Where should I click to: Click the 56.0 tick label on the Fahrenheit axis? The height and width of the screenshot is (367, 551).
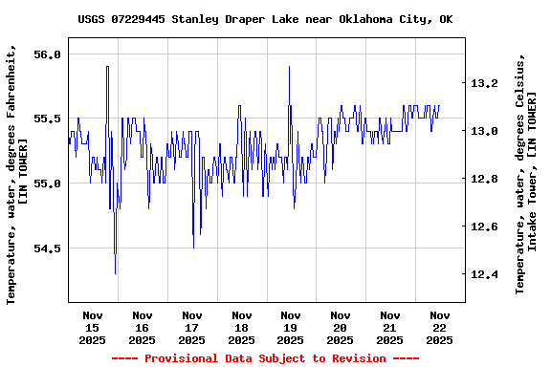click(x=47, y=54)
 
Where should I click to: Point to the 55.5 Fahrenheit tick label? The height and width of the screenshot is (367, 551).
click(x=47, y=119)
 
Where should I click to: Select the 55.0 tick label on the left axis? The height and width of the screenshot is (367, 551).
click(x=47, y=183)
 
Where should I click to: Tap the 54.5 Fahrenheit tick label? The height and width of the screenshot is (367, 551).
click(x=47, y=248)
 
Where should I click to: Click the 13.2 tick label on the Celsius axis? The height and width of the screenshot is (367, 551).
click(x=484, y=83)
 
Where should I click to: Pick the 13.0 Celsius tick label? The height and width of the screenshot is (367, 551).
click(x=484, y=131)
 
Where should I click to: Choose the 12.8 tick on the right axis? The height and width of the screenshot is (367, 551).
click(x=484, y=179)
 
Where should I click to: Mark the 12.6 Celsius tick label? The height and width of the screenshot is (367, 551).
click(x=484, y=227)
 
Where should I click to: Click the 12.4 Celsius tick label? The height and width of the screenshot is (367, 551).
click(x=484, y=274)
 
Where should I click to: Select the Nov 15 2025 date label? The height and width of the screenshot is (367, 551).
click(x=93, y=327)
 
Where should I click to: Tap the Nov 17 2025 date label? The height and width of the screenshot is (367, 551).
click(x=191, y=327)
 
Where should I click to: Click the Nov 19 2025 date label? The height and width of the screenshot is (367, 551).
click(x=291, y=327)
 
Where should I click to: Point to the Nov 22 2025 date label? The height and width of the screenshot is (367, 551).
click(x=439, y=327)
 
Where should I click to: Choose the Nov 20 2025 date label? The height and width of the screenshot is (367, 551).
click(x=340, y=327)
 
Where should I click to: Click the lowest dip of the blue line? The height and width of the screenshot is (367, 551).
click(x=115, y=274)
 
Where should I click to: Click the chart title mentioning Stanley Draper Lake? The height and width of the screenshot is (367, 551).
click(x=265, y=19)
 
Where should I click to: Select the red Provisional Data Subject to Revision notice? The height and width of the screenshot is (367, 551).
click(x=265, y=358)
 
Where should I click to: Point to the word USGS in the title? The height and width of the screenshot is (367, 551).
click(x=93, y=19)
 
